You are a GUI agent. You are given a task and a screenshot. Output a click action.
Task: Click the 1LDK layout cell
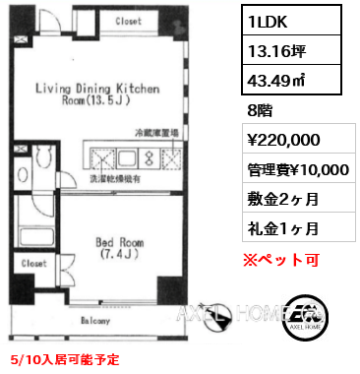tap(291, 21)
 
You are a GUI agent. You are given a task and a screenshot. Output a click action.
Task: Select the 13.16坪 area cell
tap(291, 50)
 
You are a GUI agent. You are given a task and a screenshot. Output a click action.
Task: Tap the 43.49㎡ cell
tap(291, 80)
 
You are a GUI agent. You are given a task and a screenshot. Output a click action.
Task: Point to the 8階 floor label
tap(260, 110)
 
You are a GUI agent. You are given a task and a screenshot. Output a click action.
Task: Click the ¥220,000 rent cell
tap(299, 139)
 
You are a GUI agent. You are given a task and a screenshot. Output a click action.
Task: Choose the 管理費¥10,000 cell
tap(299, 168)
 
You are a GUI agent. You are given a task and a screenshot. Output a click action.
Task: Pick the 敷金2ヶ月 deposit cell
tap(299, 198)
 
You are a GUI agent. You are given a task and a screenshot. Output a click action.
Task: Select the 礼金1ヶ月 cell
tap(299, 227)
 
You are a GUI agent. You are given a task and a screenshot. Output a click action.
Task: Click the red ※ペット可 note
tap(281, 260)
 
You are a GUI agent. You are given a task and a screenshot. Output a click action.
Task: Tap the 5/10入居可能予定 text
tap(65, 359)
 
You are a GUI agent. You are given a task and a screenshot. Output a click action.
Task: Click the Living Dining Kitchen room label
tap(97, 93)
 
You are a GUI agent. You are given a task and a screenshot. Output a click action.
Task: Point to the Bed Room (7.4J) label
tap(120, 248)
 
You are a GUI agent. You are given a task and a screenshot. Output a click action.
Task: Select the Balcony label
tap(95, 321)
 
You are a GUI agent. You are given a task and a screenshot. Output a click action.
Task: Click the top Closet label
tap(128, 22)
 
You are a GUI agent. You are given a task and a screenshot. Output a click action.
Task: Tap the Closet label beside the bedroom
tap(33, 263)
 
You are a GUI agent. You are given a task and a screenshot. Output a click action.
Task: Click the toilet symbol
tap(45, 156)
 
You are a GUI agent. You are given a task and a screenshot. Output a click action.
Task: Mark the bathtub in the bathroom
tap(36, 236)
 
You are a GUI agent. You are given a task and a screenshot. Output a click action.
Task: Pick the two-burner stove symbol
tap(150, 157)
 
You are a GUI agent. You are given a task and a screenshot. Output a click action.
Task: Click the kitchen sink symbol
tap(127, 157)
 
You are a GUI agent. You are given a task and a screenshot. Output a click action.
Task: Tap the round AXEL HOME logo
tap(305, 317)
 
